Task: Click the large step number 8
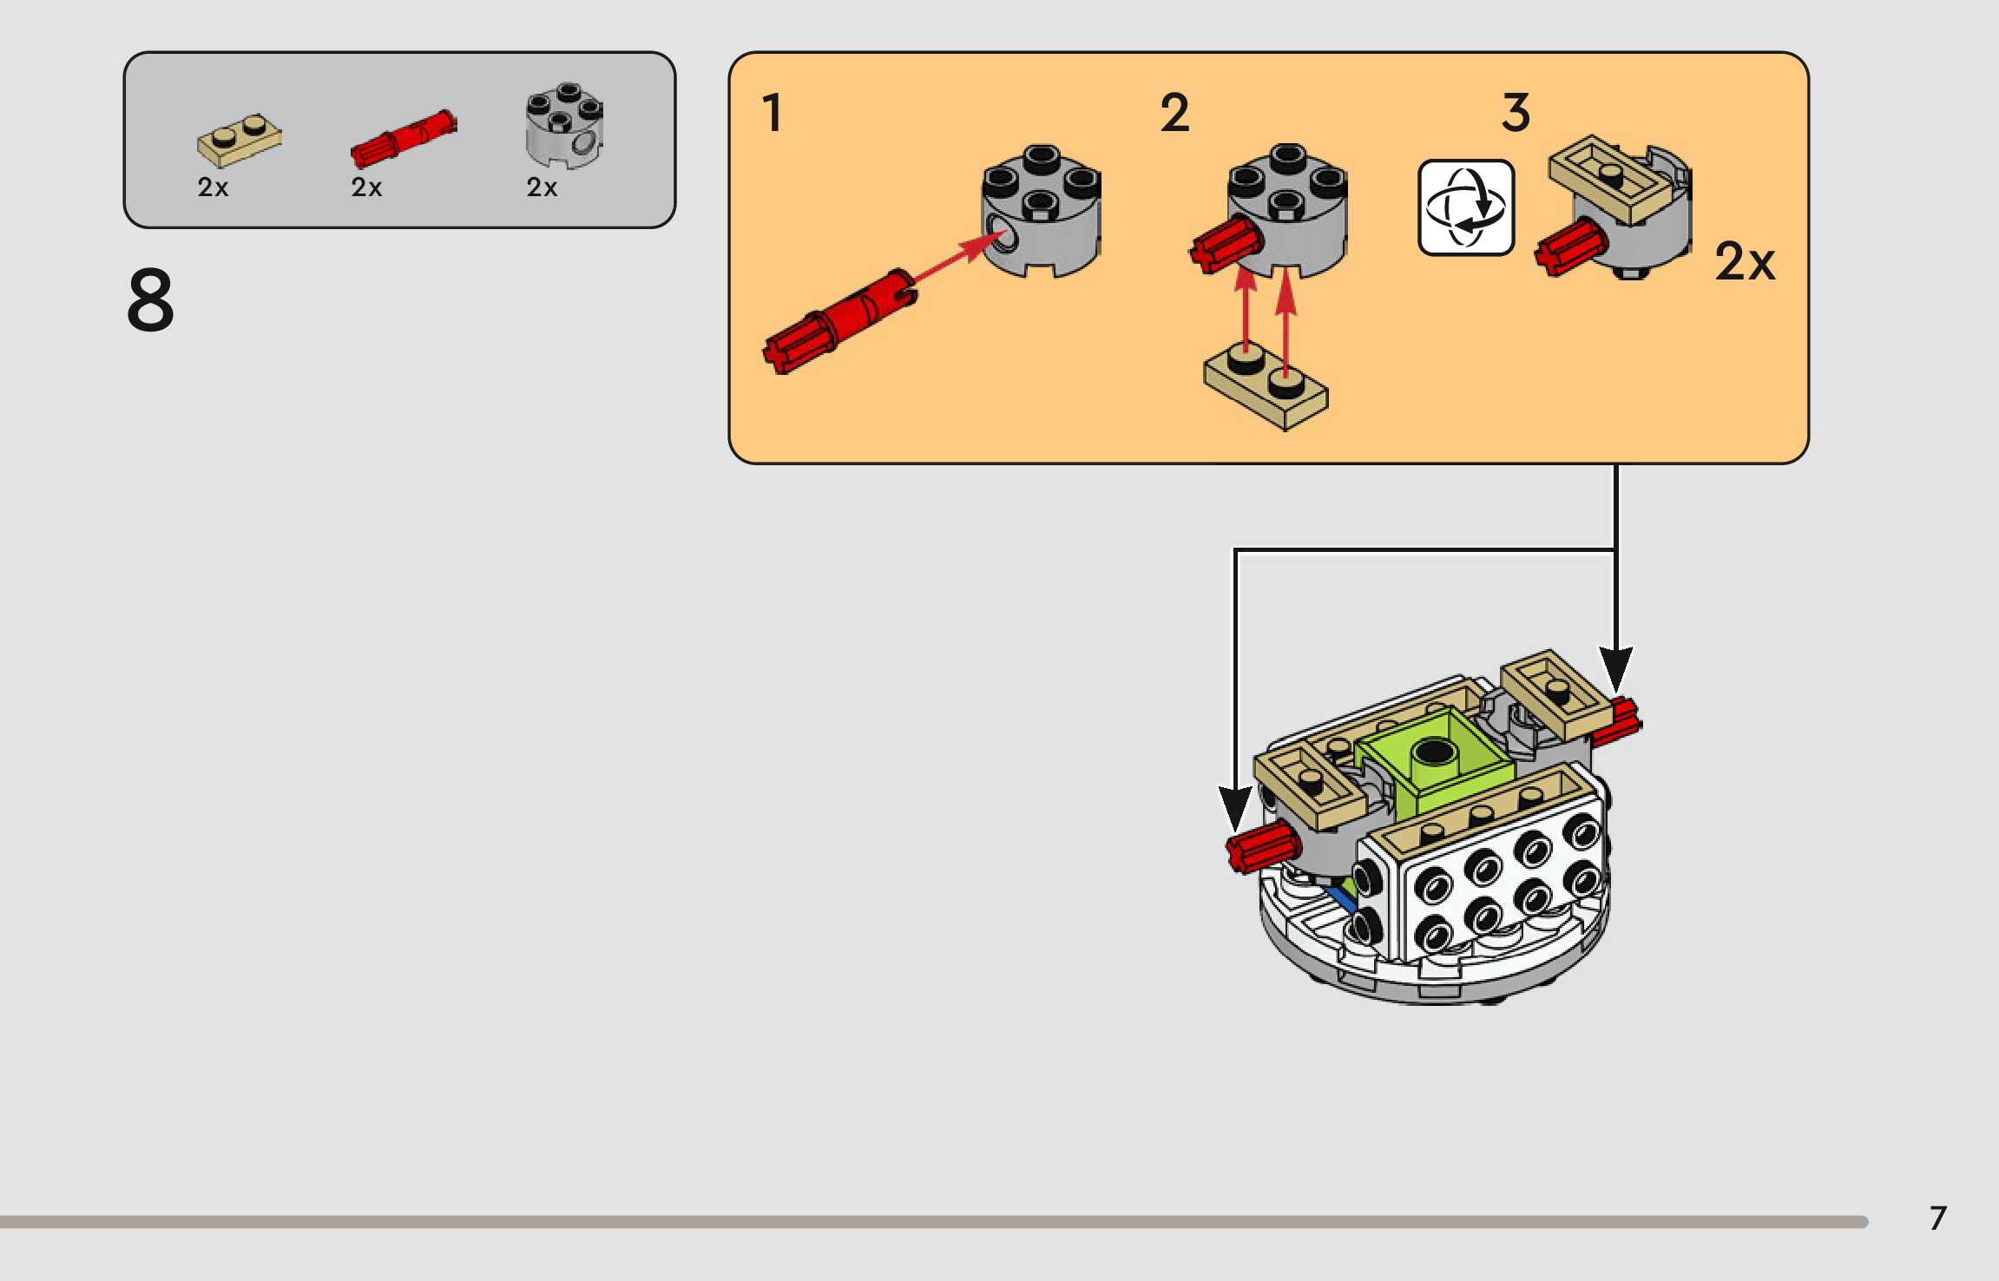coord(150,300)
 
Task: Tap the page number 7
coord(1937,1219)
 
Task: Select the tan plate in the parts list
coord(239,140)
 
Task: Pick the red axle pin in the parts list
coord(404,138)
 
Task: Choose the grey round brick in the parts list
coord(564,126)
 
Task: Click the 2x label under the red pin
coord(366,187)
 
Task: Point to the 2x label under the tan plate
coord(213,187)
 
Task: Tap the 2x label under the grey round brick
coord(542,187)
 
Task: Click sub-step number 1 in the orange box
coord(772,113)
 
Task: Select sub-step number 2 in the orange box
coord(1174,113)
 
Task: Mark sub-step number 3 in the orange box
coord(1516,113)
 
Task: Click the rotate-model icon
coord(1466,207)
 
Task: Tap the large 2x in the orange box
coord(1745,261)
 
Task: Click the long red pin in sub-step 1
coord(838,321)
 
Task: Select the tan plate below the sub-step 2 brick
coord(1266,387)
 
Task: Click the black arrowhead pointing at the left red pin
coord(1234,807)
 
